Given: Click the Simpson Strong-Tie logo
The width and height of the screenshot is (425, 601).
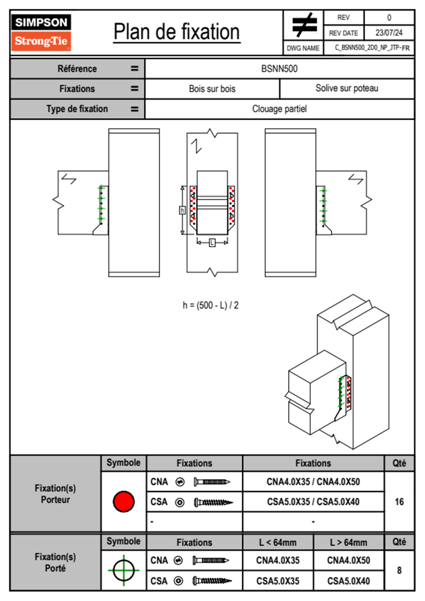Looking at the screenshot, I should click(41, 33).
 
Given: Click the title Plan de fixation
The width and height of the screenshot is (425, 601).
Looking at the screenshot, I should click(176, 32).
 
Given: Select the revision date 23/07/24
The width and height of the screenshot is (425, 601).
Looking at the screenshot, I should click(389, 33).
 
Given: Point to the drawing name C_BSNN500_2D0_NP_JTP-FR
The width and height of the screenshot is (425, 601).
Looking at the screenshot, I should click(372, 48).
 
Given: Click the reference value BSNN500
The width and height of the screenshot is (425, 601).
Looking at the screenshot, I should click(279, 69).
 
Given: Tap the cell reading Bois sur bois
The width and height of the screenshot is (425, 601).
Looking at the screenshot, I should click(212, 89).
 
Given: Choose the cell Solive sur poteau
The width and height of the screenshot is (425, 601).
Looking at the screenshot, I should click(347, 88).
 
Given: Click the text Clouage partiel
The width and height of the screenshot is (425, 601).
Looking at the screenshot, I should click(279, 109).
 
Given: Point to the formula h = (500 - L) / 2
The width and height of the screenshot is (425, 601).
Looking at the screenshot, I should click(210, 305).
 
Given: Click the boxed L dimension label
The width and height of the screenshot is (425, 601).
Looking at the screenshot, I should click(212, 243).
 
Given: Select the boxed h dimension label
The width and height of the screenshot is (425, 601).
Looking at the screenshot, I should click(182, 210).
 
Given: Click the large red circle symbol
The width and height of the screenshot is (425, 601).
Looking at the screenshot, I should click(124, 501).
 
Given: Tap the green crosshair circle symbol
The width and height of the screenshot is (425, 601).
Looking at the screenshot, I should click(124, 570).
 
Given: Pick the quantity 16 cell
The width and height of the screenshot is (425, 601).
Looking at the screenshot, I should click(399, 502).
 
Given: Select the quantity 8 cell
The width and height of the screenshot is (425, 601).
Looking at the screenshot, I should click(399, 570).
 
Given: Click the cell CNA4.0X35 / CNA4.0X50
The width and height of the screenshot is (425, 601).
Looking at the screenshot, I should click(313, 482).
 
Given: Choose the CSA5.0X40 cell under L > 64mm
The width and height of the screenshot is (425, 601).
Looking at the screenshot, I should click(348, 581).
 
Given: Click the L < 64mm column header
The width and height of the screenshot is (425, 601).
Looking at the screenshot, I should click(278, 542).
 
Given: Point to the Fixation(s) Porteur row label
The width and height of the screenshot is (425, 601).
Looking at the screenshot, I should click(55, 494).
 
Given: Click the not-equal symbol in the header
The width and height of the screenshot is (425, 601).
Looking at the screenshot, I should click(304, 25).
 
